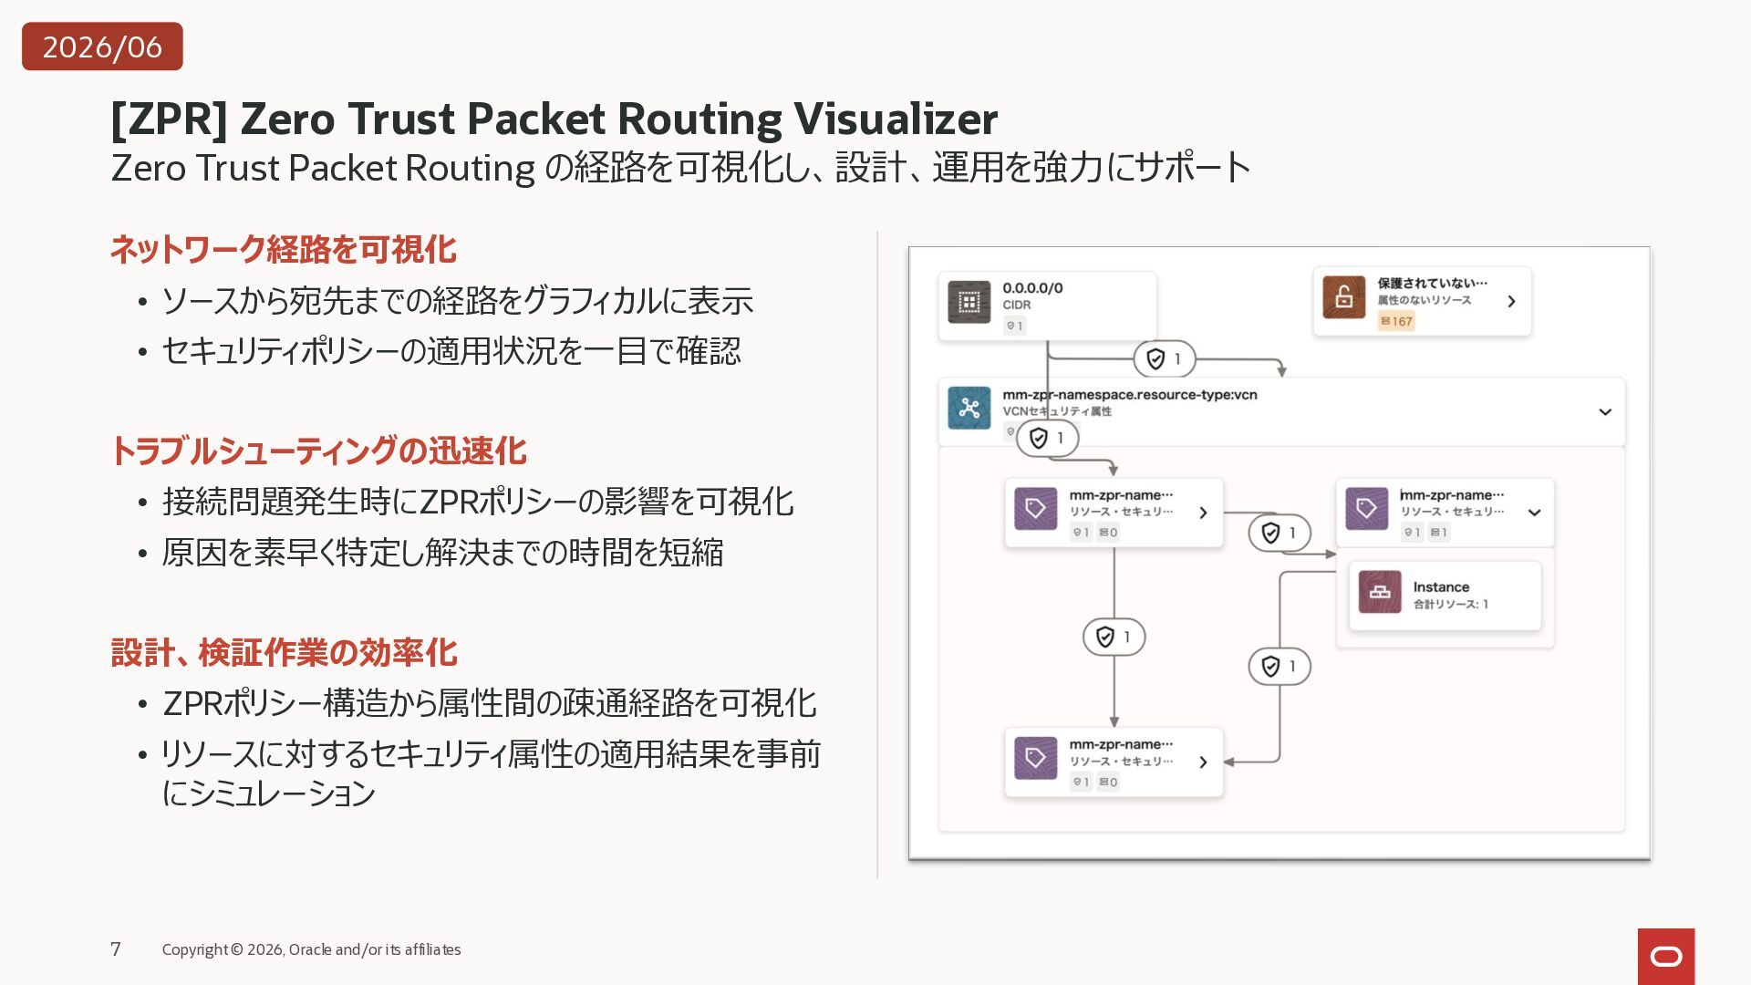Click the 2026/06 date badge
pyautogui.click(x=102, y=47)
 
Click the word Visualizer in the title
pyautogui.click(x=896, y=119)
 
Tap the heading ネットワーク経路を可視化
pyautogui.click(x=284, y=249)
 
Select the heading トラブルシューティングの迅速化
pyautogui.click(x=318, y=451)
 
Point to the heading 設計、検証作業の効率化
pyautogui.click(x=284, y=652)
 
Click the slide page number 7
pyautogui.click(x=116, y=949)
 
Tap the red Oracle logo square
pyautogui.click(x=1666, y=957)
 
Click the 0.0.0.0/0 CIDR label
pyautogui.click(x=1032, y=288)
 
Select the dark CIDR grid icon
pyautogui.click(x=969, y=302)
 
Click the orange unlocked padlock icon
pyautogui.click(x=1344, y=297)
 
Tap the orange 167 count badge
pyautogui.click(x=1396, y=321)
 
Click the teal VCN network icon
pyautogui.click(x=969, y=408)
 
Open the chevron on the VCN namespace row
pyautogui.click(x=1605, y=412)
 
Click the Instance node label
pyautogui.click(x=1441, y=587)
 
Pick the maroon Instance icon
pyautogui.click(x=1380, y=592)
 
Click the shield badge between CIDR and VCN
pyautogui.click(x=1165, y=359)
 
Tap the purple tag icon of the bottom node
pyautogui.click(x=1036, y=758)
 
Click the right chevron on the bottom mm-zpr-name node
pyautogui.click(x=1203, y=762)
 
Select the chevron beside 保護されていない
pyautogui.click(x=1511, y=301)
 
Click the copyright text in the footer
pyautogui.click(x=311, y=949)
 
